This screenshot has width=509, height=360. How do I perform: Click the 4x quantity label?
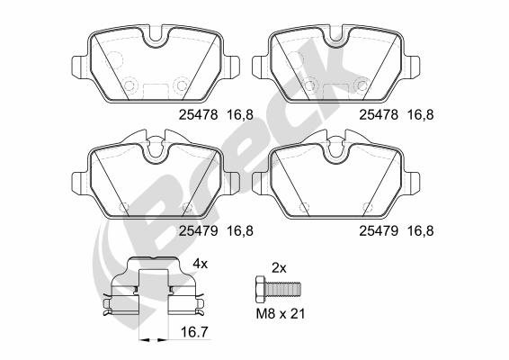[200, 264]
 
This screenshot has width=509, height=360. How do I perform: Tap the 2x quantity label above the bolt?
[279, 268]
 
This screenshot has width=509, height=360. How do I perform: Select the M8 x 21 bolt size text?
[281, 314]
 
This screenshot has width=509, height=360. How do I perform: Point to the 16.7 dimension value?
[194, 332]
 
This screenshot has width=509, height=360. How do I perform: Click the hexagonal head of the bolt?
[260, 290]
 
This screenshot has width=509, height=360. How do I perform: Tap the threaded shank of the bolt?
[282, 290]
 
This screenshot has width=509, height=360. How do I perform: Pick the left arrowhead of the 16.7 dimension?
[145, 340]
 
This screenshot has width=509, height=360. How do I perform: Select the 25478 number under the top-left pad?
[199, 114]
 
